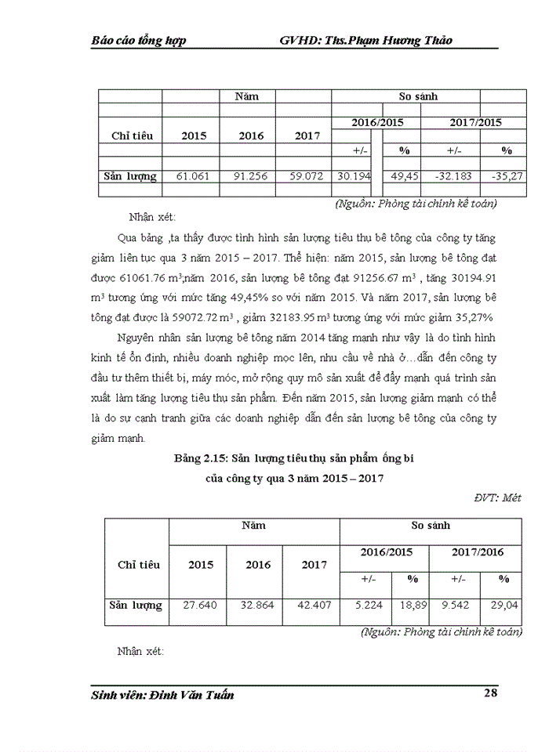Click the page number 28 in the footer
(488, 692)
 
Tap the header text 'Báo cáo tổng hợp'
(139, 41)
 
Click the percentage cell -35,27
(507, 176)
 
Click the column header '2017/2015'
(475, 123)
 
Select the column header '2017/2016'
(478, 552)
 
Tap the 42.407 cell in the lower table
(314, 606)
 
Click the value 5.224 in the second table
(368, 606)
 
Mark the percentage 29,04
(504, 606)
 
